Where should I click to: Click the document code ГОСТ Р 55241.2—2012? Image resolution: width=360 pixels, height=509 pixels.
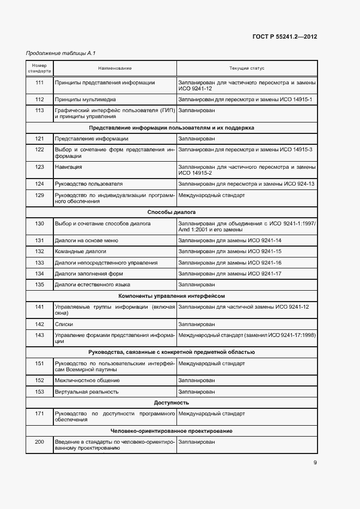[285, 37]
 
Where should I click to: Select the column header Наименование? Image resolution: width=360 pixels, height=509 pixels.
[115, 69]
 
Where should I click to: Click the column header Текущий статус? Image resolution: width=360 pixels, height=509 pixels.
[247, 69]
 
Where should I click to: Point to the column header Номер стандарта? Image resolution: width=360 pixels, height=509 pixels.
[40, 69]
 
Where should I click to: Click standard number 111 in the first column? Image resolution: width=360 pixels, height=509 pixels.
[40, 83]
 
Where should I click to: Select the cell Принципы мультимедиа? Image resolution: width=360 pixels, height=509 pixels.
[86, 100]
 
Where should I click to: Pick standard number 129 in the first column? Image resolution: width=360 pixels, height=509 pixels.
[40, 195]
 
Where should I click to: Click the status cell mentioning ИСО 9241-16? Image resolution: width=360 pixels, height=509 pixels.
[230, 262]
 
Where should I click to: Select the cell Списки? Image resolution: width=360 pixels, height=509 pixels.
[64, 324]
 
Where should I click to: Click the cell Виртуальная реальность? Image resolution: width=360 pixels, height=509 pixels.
[87, 391]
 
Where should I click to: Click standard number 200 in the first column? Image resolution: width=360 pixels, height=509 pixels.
[40, 442]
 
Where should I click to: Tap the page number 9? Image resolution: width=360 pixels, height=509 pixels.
[315, 463]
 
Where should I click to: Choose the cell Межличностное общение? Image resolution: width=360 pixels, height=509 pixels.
[87, 380]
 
